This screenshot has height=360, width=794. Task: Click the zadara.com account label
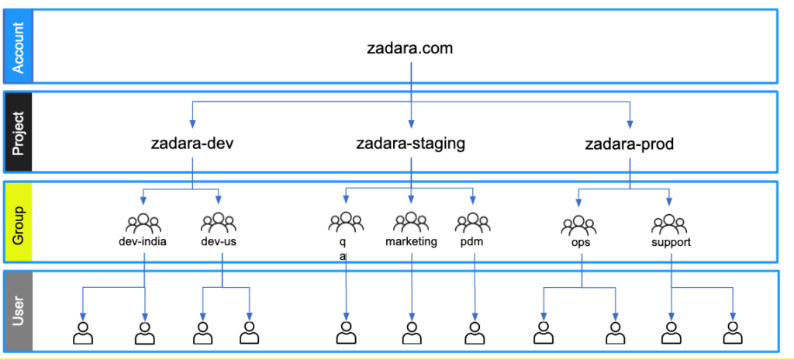point(409,48)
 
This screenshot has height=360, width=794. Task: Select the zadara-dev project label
point(192,144)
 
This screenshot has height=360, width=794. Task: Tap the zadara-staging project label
point(410,144)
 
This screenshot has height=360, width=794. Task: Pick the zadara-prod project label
point(629,144)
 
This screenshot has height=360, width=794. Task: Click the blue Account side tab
point(18,46)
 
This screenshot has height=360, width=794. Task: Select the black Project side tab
point(18,133)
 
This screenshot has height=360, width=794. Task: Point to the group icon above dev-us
point(218,223)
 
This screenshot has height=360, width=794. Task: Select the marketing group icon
point(411,223)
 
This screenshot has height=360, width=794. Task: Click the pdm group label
point(471,241)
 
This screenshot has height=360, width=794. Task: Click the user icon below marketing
point(411,332)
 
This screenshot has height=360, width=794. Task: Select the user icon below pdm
point(473,332)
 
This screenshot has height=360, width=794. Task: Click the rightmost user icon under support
point(732,332)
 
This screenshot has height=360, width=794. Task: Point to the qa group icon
point(346,223)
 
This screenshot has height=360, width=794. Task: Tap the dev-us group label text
point(218,241)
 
